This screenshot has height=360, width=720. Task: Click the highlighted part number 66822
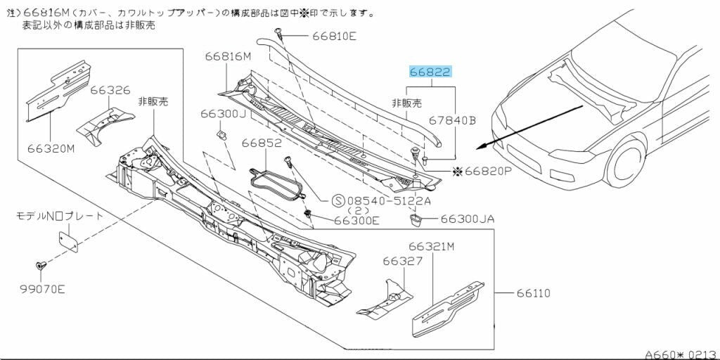[x=430, y=72]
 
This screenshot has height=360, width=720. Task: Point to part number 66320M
[x=51, y=148]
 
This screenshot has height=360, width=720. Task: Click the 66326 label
[x=110, y=90]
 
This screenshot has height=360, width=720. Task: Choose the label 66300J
[x=223, y=113]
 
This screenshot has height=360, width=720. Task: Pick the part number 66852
[x=262, y=143]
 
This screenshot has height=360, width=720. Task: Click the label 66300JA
[x=468, y=219]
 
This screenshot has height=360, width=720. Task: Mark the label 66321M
[x=432, y=247]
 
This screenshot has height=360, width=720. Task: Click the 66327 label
[x=403, y=261]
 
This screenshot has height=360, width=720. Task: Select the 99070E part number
[x=40, y=289]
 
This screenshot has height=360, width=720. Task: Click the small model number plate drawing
[x=69, y=239]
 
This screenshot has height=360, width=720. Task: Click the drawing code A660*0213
[x=681, y=354]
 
